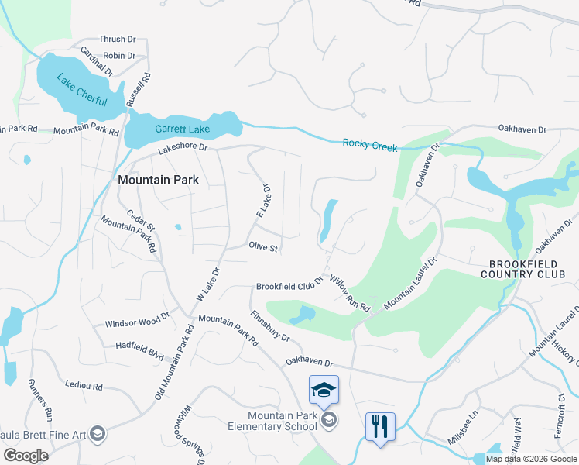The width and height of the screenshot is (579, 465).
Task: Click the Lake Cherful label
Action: point(81,91)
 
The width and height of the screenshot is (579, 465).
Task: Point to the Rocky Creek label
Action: point(368,143)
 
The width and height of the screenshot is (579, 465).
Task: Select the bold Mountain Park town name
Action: point(158,180)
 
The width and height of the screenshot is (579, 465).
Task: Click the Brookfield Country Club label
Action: point(529,269)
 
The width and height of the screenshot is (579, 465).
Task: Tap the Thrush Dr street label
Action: point(117,40)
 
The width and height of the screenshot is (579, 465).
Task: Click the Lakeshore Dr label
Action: point(183,146)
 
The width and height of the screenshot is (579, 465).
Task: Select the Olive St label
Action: point(263,247)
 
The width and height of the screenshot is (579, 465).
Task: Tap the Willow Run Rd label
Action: point(350,293)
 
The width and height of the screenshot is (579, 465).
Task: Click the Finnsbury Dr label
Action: point(269,326)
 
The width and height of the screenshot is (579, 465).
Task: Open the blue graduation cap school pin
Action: point(324,390)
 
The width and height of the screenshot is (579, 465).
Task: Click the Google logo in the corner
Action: point(26,456)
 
